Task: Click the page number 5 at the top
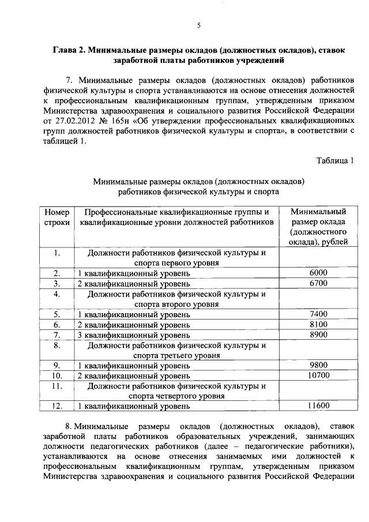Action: tap(198, 25)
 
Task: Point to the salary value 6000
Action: tap(318, 273)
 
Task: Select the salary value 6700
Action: tap(318, 283)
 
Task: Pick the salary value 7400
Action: tap(318, 314)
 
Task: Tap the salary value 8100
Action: tap(318, 324)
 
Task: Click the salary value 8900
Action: tap(318, 335)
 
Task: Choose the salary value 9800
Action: tap(318, 365)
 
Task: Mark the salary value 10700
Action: tap(318, 375)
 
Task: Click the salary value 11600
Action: tap(318, 406)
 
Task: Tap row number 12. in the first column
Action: tap(57, 406)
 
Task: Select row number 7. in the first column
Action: tap(57, 335)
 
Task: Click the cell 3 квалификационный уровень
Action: tap(133, 335)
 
